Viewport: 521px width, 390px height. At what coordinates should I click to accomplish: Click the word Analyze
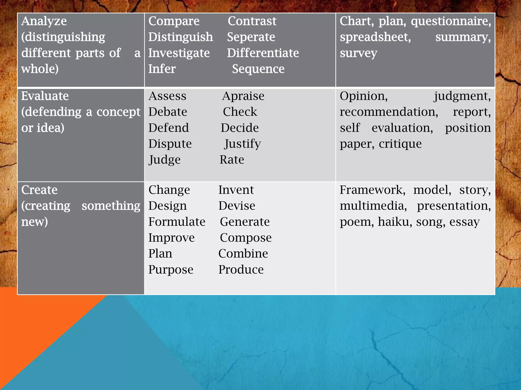pyautogui.click(x=44, y=21)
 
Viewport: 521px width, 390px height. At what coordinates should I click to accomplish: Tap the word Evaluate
pyautogui.click(x=45, y=96)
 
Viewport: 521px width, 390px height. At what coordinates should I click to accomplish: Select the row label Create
pyautogui.click(x=39, y=190)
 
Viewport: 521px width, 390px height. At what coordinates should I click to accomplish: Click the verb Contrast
pyautogui.click(x=252, y=21)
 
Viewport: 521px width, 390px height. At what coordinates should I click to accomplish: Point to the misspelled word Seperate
pyautogui.click(x=251, y=37)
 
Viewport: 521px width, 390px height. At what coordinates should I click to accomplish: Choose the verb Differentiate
pyautogui.click(x=263, y=53)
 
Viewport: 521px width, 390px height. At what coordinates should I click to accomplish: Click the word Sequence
pyautogui.click(x=258, y=69)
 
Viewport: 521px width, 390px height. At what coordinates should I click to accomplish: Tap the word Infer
pyautogui.click(x=162, y=69)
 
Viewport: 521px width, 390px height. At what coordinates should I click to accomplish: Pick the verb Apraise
pyautogui.click(x=243, y=96)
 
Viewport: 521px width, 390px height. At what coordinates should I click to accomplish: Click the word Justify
pyautogui.click(x=242, y=144)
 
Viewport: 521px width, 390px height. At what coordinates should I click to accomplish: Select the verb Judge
pyautogui.click(x=165, y=160)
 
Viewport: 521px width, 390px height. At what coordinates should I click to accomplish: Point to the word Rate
pyautogui.click(x=232, y=160)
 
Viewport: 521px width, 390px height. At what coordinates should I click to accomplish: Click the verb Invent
pyautogui.click(x=236, y=190)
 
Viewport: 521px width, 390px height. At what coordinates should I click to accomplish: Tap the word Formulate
pyautogui.click(x=177, y=222)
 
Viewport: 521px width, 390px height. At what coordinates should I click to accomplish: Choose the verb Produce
pyautogui.click(x=241, y=270)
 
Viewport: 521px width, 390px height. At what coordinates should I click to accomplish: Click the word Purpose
pyautogui.click(x=171, y=270)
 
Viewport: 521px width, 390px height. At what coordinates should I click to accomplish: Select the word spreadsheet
pyautogui.click(x=375, y=37)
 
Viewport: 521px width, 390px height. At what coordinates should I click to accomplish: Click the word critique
pyautogui.click(x=400, y=144)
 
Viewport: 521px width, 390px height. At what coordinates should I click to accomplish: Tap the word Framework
pyautogui.click(x=372, y=190)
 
